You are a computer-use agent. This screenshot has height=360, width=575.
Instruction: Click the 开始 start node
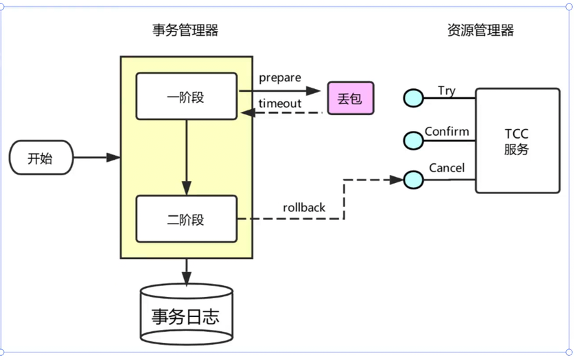pos(40,159)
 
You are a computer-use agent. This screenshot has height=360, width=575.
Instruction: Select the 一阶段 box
pos(186,97)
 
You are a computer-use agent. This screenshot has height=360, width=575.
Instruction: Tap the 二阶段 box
pos(186,219)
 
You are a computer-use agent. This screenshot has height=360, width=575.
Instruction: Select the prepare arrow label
pos(280,77)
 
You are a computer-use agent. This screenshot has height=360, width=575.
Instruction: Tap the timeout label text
pos(280,103)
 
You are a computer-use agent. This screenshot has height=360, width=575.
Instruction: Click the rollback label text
pos(304,207)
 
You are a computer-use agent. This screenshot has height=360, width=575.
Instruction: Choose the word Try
pos(446,91)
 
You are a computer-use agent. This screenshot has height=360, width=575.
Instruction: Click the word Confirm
pos(447,131)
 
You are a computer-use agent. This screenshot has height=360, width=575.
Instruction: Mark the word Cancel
pos(447,168)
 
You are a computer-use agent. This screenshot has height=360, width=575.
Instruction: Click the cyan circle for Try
pos(413,99)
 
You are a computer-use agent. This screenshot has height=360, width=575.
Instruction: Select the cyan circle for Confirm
pos(413,140)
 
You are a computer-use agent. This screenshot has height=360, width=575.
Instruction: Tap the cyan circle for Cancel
pos(413,180)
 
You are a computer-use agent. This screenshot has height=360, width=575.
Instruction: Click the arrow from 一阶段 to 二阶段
pos(186,158)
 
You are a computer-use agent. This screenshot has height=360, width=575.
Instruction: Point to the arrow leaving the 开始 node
pos(96,158)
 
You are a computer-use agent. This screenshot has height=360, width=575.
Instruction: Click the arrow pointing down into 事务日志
pos(186,272)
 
